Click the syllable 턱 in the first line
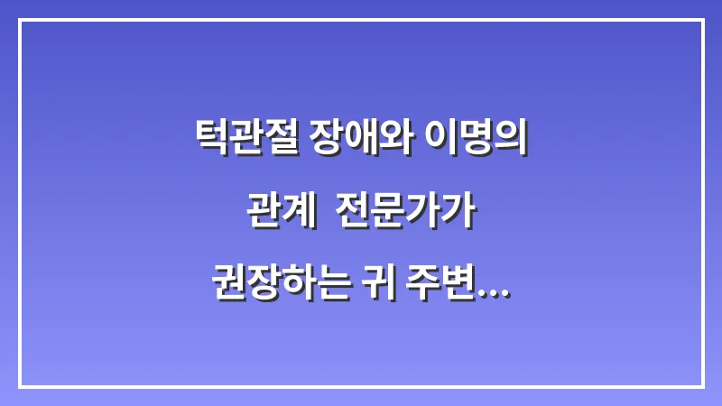coord(211,138)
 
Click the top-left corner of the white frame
coord(20,20)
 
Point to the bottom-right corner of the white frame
coord(702,386)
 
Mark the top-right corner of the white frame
coord(702,20)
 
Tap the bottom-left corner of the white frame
coord(20,386)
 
